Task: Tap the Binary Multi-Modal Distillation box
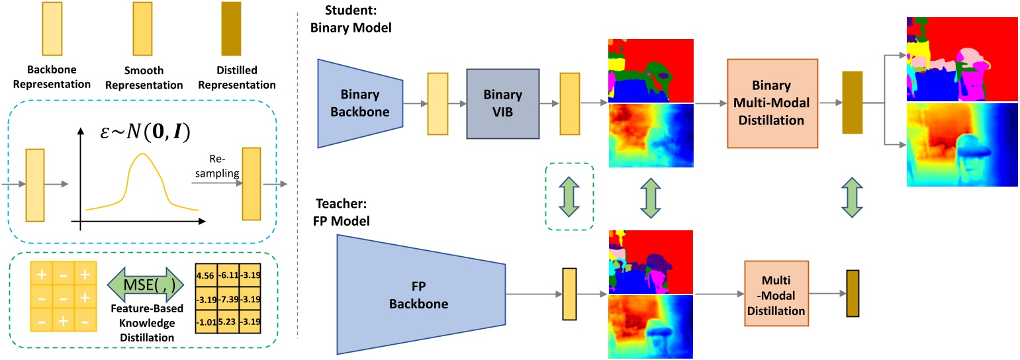pyautogui.click(x=772, y=103)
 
